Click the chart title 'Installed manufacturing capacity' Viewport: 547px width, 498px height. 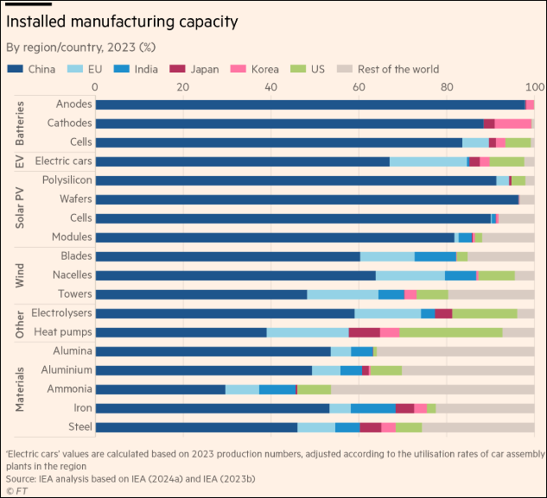[123, 20]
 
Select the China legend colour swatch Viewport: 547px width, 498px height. [16, 69]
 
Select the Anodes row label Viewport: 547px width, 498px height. [73, 104]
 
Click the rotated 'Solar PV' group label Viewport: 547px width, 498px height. [20, 209]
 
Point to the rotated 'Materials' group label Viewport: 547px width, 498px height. [20, 389]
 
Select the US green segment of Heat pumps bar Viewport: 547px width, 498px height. [450, 332]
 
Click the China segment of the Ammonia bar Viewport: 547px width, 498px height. [160, 389]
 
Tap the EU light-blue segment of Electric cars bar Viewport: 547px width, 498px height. [428, 161]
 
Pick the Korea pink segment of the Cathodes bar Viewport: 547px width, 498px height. [512, 123]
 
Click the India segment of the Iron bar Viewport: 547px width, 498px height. [373, 408]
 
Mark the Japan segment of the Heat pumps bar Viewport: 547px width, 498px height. [365, 332]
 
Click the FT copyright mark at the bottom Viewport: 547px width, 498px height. [16, 490]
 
